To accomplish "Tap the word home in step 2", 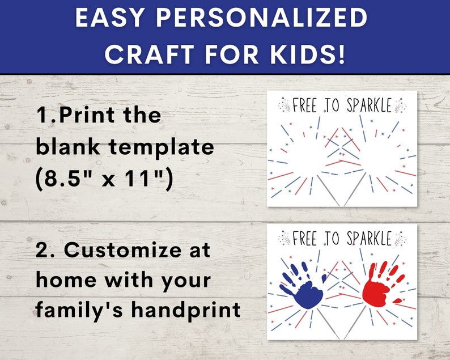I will (x=66, y=279).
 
